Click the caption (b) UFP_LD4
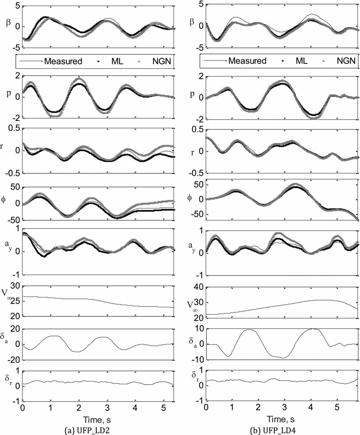coord(281,429)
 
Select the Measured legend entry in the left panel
coord(63,61)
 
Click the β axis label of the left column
coord(8,22)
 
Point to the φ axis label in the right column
coord(190,197)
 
